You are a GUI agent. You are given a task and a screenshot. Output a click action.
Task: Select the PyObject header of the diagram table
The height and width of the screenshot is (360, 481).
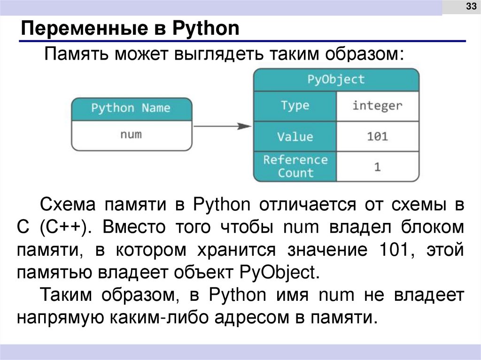[x=336, y=79]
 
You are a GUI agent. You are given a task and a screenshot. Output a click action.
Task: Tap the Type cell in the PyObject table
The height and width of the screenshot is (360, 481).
[x=295, y=106]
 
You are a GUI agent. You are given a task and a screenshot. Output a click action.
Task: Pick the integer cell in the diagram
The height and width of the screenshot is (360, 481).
[x=377, y=106]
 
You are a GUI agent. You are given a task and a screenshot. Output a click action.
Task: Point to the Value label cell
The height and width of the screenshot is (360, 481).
[x=295, y=137]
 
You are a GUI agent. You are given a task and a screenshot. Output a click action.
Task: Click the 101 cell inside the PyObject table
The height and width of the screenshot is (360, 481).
[x=377, y=137]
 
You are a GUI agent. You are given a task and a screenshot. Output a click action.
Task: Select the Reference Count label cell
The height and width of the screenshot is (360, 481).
[x=295, y=166]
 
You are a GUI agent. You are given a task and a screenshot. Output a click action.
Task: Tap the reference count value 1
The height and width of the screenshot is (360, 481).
[x=377, y=167]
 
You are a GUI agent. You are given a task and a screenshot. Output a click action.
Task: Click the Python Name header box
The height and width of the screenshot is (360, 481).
[x=132, y=108]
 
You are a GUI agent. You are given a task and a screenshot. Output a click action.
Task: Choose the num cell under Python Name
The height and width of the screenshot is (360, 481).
[x=131, y=135]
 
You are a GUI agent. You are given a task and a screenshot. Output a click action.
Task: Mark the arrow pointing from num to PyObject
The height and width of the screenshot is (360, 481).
[x=223, y=126]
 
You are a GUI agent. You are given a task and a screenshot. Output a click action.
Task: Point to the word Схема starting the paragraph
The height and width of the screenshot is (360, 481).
[x=68, y=205]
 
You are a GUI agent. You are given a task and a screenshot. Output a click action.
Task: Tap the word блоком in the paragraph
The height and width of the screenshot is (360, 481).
[x=434, y=228]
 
